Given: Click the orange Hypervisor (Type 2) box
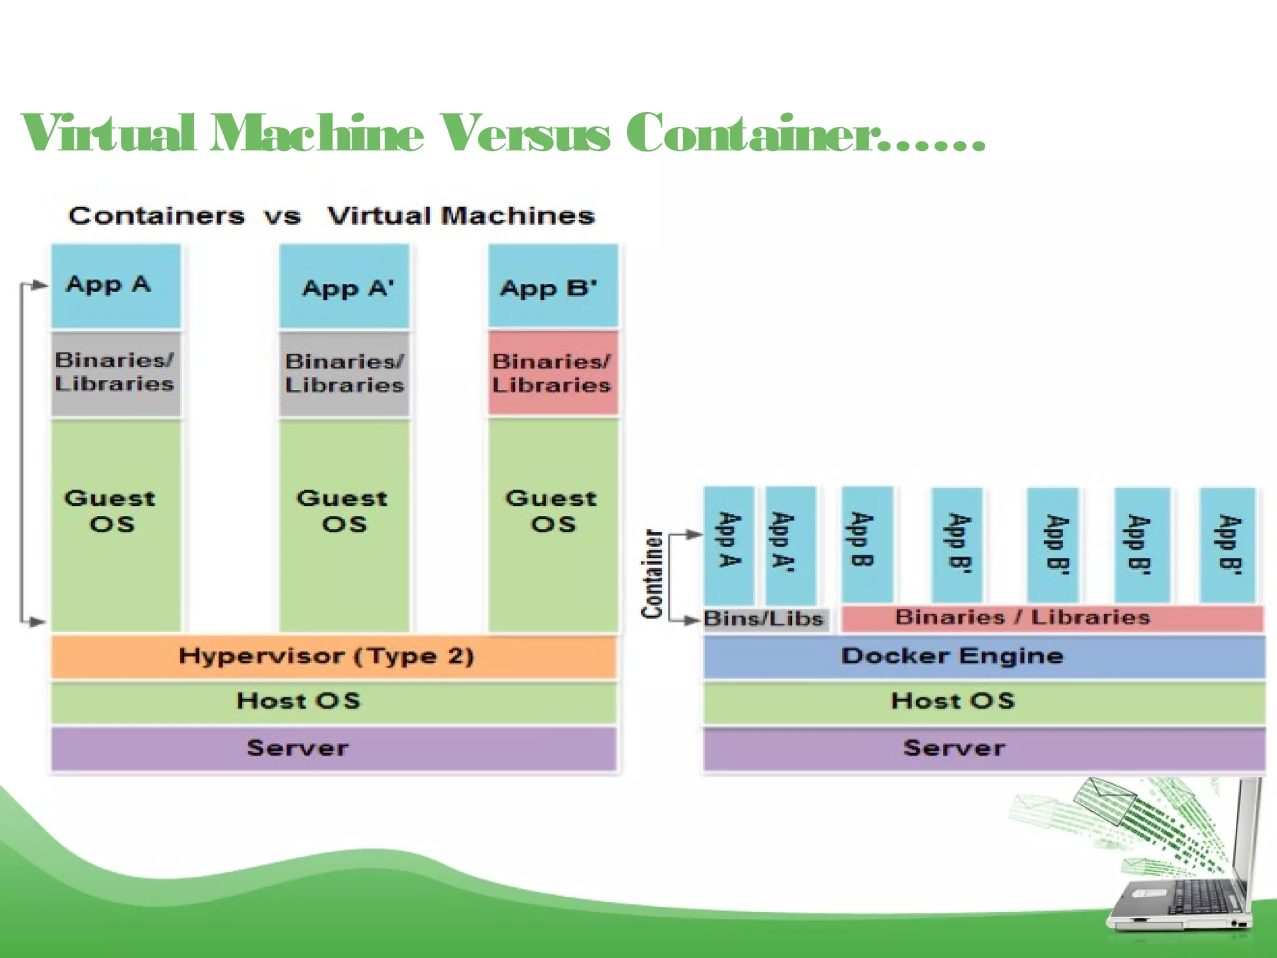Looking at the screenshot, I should point(334,656).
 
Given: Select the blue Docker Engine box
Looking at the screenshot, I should point(984,656).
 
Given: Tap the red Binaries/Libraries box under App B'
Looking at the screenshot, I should point(553,373).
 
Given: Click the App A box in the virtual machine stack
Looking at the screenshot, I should point(116,286).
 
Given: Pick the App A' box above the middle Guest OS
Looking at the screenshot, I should point(344,287).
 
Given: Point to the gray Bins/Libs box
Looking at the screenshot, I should point(766,619).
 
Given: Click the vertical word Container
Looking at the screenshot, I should point(652,574).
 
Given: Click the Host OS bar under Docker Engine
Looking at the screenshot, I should point(984,701).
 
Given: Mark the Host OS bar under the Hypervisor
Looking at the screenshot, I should point(334,701).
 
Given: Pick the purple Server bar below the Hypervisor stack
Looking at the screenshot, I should point(334,748).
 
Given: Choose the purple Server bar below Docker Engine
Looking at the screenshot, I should point(984,748).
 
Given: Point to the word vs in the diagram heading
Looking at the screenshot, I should point(282,216).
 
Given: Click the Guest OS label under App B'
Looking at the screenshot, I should point(552,510).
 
